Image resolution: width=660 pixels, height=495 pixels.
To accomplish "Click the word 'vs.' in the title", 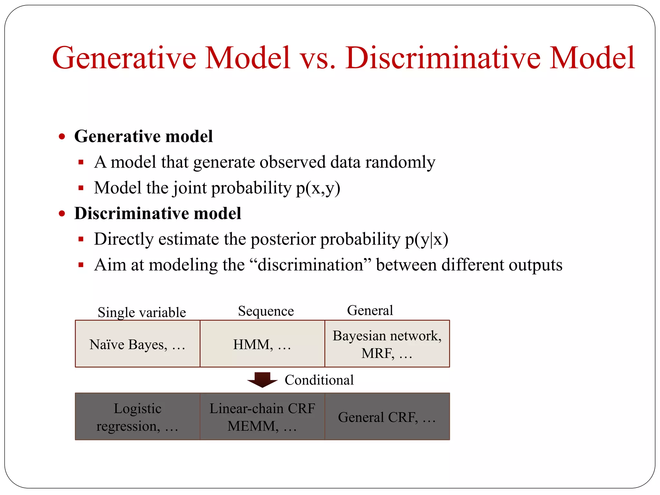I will pyautogui.click(x=317, y=58).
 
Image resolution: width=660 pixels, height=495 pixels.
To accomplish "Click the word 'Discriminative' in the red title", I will pyautogui.click(x=443, y=58).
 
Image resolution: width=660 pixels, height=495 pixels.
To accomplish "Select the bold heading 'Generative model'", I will pyautogui.click(x=143, y=136).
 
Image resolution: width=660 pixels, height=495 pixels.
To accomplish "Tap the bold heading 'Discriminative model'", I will pyautogui.click(x=158, y=213).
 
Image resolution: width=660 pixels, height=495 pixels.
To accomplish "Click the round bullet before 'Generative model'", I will pyautogui.click(x=62, y=137).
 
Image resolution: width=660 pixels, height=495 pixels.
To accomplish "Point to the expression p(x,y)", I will pyautogui.click(x=318, y=188).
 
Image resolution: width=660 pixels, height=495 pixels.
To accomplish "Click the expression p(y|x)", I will pyautogui.click(x=426, y=239).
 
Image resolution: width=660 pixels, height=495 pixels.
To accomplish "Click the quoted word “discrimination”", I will pyautogui.click(x=310, y=265).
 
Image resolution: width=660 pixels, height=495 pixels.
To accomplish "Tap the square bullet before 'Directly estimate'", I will pyautogui.click(x=81, y=239).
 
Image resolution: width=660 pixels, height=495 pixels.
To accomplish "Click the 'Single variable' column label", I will pyautogui.click(x=142, y=312).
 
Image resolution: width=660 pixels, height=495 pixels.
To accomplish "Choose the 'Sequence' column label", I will pyautogui.click(x=266, y=311).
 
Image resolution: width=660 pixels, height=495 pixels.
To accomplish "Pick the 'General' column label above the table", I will pyautogui.click(x=370, y=310).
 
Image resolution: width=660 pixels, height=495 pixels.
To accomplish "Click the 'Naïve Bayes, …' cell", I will pyautogui.click(x=138, y=344).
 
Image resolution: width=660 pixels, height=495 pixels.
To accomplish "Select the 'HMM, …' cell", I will pyautogui.click(x=262, y=344).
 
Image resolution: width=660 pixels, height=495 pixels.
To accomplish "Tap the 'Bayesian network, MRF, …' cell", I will pyautogui.click(x=387, y=344).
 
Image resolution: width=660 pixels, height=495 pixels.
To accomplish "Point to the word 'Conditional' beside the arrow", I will pyautogui.click(x=319, y=380).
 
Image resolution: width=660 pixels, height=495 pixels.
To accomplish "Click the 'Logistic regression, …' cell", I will pyautogui.click(x=138, y=417).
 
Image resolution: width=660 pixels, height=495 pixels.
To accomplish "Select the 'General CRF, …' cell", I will pyautogui.click(x=387, y=417).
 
